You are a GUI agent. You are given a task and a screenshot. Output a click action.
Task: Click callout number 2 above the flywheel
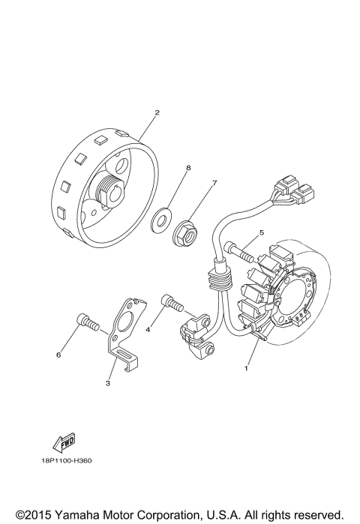(157, 113)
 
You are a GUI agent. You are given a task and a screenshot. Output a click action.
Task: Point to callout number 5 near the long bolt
(261, 233)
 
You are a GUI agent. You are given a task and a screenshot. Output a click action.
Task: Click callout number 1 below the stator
(244, 368)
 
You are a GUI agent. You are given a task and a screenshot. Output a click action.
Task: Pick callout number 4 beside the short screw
(149, 328)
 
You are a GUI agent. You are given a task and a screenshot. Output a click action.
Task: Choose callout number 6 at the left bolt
(58, 355)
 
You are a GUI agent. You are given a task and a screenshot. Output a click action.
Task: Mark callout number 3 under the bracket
(108, 383)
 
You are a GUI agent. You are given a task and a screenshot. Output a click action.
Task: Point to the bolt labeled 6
(88, 323)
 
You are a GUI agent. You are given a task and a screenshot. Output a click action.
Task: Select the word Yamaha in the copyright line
(80, 514)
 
